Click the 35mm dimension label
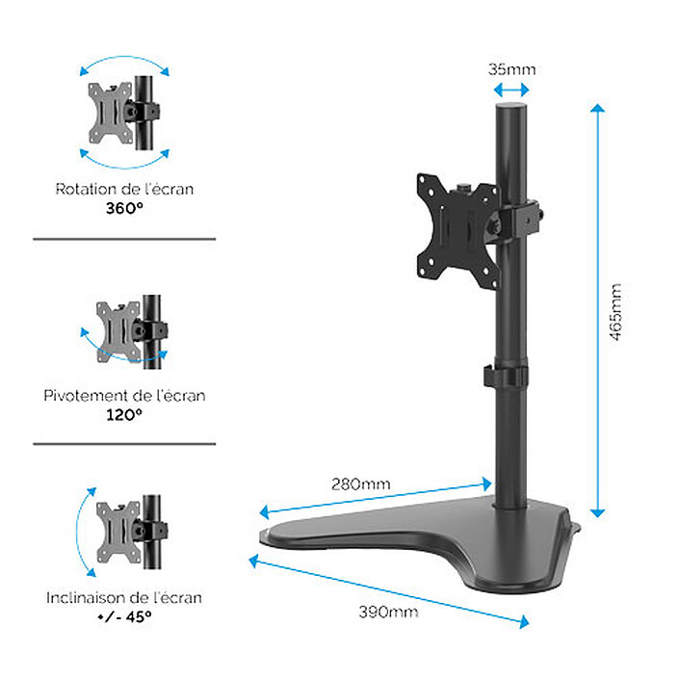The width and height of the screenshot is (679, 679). tap(510, 68)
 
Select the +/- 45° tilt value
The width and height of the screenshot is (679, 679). tap(124, 615)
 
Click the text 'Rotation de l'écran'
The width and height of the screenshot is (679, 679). tap(124, 189)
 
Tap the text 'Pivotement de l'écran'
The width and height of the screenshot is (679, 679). tap(124, 395)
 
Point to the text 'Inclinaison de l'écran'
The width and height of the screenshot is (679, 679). tap(124, 597)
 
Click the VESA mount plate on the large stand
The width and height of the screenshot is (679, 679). tap(451, 222)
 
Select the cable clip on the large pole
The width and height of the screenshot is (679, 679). tap(508, 376)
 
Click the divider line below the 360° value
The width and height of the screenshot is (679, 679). tap(124, 239)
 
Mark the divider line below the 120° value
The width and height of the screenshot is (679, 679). tap(124, 444)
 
